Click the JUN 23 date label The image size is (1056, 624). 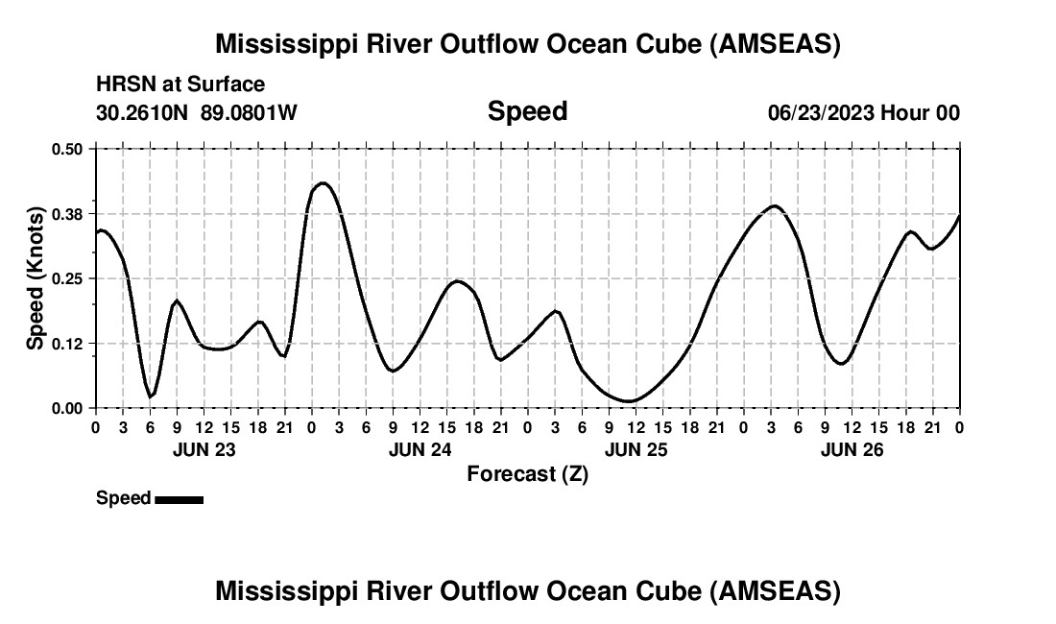(x=204, y=448)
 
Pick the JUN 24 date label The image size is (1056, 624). (x=420, y=448)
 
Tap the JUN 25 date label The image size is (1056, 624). (x=636, y=448)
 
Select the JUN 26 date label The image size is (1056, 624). (x=852, y=448)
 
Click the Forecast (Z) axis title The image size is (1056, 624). (x=527, y=473)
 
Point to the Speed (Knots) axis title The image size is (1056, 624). (x=36, y=278)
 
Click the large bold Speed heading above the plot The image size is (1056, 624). (x=527, y=111)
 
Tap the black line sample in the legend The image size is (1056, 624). (x=179, y=499)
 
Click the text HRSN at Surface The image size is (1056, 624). (x=180, y=85)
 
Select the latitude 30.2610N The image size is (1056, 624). (x=144, y=113)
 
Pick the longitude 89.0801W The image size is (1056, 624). (x=249, y=113)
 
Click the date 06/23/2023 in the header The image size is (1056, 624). (x=820, y=113)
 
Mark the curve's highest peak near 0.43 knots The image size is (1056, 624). (x=323, y=182)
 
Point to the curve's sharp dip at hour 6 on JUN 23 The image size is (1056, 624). (x=150, y=396)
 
